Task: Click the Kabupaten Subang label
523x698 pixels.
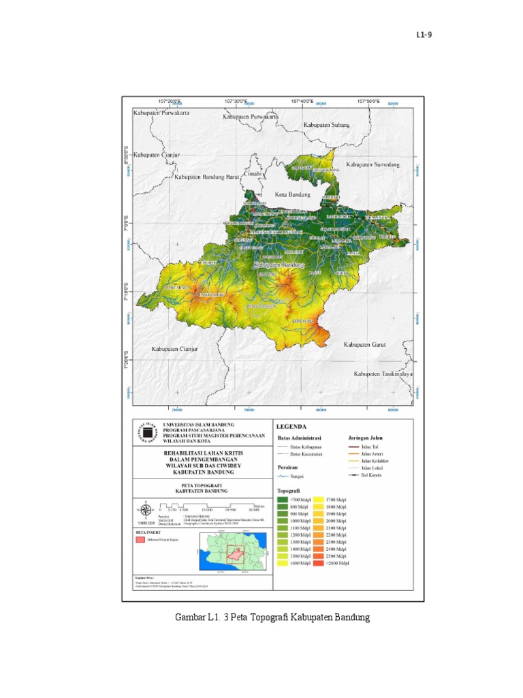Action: coord(327,125)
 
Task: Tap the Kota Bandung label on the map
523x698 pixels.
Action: coord(292,195)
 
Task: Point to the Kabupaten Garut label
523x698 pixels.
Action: coord(364,345)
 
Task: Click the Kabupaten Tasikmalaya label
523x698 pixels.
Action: coord(383,374)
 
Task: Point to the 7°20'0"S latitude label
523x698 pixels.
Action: coord(127,361)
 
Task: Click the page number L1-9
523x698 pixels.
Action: coord(424,35)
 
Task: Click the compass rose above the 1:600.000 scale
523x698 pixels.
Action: coord(144,509)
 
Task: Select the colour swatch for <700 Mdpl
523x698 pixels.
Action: coord(282,500)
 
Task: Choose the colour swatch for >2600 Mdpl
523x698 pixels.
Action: coord(319,564)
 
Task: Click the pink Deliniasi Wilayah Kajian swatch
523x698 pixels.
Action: coord(140,540)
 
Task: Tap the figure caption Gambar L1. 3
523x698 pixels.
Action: coord(272,618)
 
